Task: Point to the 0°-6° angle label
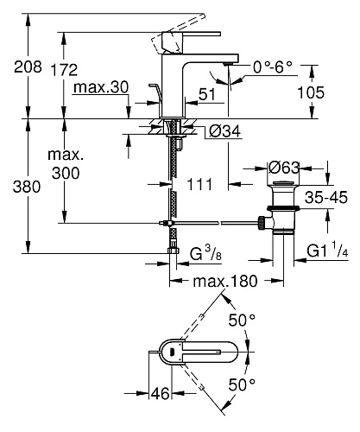273,66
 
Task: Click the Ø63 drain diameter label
281,168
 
